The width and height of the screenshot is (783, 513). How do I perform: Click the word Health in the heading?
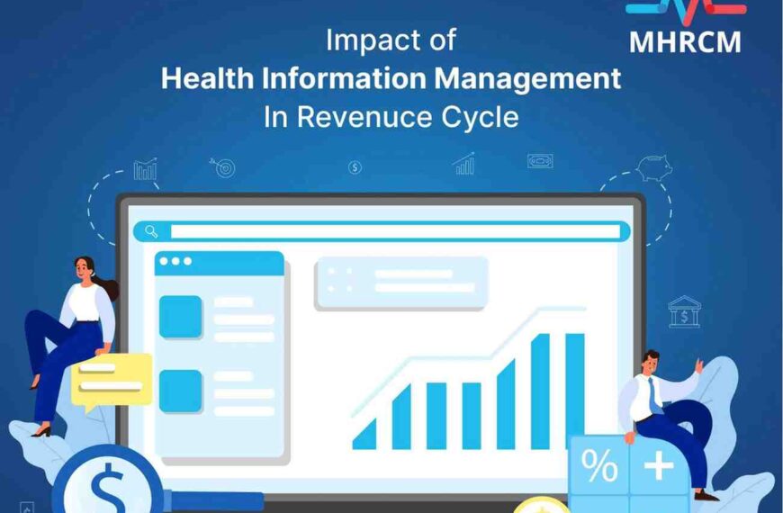pos(204,78)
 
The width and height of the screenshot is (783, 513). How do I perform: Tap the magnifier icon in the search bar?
pos(150,231)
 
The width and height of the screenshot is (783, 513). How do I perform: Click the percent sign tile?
pos(598,466)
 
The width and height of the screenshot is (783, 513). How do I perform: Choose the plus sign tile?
pos(660,465)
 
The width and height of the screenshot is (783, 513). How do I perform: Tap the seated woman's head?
pos(84,268)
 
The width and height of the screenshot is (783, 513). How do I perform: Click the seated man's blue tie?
pos(655,393)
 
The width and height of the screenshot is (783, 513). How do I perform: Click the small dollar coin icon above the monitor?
pos(355,166)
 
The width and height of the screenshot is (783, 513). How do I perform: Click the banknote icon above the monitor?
pos(540,161)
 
